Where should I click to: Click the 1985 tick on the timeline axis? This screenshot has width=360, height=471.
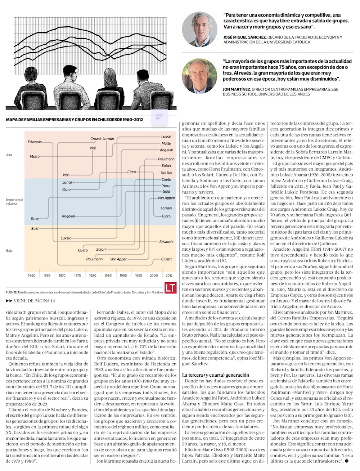coord(108,275)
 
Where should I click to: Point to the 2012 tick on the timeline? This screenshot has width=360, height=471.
coord(169,275)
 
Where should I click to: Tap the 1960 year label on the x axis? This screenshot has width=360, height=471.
coord(32,275)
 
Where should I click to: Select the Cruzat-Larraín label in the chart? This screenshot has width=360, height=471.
coord(102,139)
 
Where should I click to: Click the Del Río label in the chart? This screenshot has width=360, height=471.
coord(166,173)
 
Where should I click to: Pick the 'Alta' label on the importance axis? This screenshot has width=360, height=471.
coord(9,155)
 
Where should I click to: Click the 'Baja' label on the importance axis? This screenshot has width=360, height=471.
coord(9,250)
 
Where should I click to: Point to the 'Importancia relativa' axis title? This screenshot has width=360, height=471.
coord(15,201)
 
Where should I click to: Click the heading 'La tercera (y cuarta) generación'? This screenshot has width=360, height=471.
coord(216,375)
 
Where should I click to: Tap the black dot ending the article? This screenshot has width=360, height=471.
coord(347,460)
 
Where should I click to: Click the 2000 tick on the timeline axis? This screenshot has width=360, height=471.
coord(154,275)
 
